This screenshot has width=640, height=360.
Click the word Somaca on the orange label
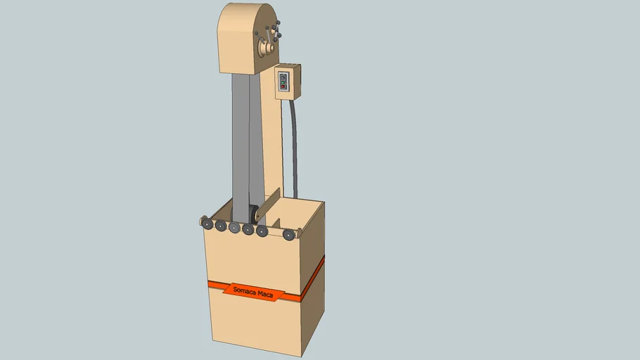pos(244,290)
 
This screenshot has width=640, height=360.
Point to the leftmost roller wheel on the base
pos(207,223)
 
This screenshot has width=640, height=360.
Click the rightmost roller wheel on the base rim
pos(288,234)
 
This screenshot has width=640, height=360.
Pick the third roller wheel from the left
pos(234,227)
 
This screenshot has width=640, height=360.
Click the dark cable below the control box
pos(294,148)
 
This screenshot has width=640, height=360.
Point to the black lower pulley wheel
pos(252,214)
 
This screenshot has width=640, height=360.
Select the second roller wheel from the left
pos(220,226)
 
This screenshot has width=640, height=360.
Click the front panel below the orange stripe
pos(253,320)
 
